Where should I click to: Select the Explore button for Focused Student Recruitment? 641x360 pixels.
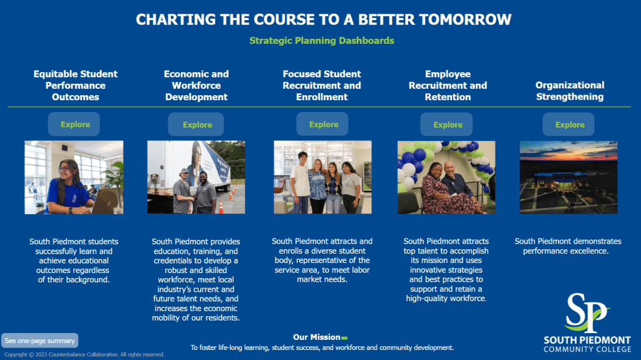322,125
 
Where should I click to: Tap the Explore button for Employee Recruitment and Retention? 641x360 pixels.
446,125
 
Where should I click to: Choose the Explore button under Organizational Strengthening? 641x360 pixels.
568,125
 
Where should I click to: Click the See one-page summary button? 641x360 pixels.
39,341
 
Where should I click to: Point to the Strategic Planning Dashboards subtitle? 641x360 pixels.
322,41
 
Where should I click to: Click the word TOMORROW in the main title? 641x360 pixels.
465,19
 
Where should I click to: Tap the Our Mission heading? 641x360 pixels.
317,337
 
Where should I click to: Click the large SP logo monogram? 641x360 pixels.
586,312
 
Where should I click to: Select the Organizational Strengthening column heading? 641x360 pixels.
570,91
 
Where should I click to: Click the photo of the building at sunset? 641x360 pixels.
568,178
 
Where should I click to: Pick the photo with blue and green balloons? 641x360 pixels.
446,178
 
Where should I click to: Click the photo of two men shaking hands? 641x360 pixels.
196,177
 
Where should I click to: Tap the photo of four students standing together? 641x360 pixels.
323,177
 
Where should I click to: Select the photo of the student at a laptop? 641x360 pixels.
74,178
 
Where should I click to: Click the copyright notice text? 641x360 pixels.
85,355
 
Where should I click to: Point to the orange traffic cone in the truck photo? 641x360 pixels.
221,207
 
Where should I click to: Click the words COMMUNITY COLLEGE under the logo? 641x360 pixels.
587,349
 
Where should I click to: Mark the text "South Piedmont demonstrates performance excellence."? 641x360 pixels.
568,246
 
